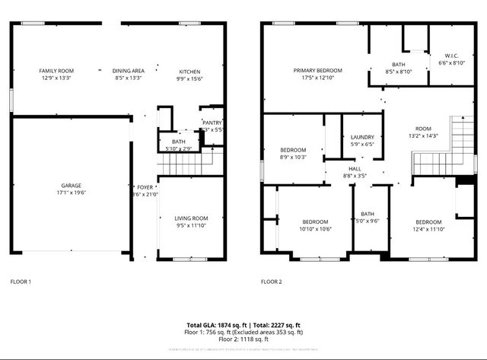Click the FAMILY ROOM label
click(x=56, y=71)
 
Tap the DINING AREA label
click(x=129, y=71)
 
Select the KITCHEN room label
click(x=189, y=71)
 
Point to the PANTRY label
click(x=212, y=123)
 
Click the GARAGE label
click(x=72, y=186)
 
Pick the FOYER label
click(x=145, y=186)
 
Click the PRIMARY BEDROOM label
click(x=318, y=71)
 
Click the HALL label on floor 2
click(x=355, y=168)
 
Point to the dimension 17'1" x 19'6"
click(x=72, y=193)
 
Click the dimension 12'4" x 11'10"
click(x=429, y=229)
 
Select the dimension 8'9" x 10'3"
click(x=293, y=157)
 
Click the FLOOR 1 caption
click(x=21, y=282)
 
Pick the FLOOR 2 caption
click(x=271, y=282)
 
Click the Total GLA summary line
click(x=243, y=326)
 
